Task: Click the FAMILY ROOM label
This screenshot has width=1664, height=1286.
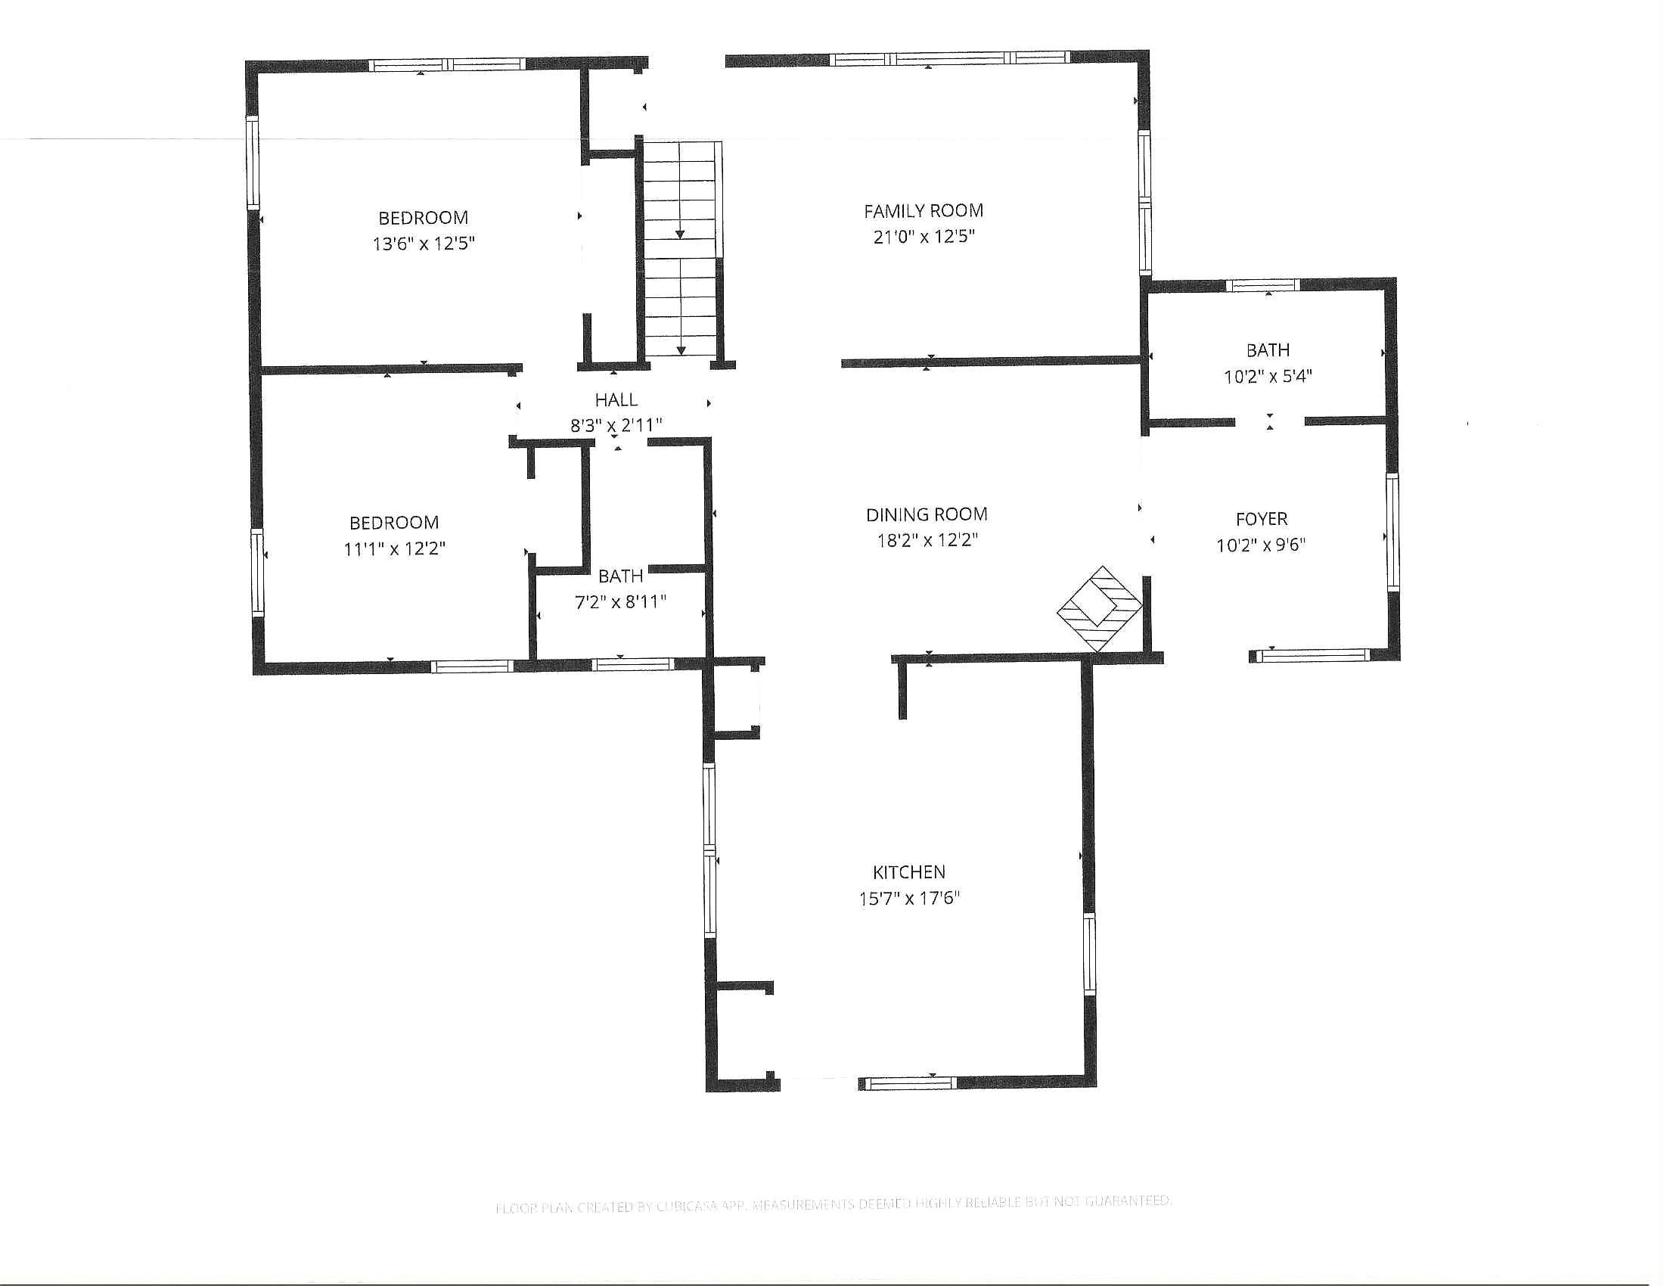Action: [924, 211]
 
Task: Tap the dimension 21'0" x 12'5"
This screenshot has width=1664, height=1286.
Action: [924, 237]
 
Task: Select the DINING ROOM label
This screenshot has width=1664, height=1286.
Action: [927, 515]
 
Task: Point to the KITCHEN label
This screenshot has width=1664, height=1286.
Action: [909, 872]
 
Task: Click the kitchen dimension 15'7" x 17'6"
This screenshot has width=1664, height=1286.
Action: [909, 898]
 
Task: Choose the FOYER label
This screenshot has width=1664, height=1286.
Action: [1262, 520]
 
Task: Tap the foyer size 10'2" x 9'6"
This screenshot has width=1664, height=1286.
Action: [1261, 545]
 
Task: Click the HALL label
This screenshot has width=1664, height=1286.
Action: [616, 400]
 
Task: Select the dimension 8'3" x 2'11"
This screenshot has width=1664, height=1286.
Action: [616, 426]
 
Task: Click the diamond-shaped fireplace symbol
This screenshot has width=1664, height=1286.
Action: [1101, 609]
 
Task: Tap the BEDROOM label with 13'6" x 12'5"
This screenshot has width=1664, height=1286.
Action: [423, 218]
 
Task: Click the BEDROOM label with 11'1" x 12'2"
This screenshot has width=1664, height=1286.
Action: [394, 523]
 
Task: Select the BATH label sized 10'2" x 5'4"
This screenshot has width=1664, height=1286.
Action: [1268, 350]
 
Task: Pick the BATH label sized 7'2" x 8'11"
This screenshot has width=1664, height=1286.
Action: [620, 576]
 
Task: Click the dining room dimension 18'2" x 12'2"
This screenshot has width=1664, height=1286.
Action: [927, 541]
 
